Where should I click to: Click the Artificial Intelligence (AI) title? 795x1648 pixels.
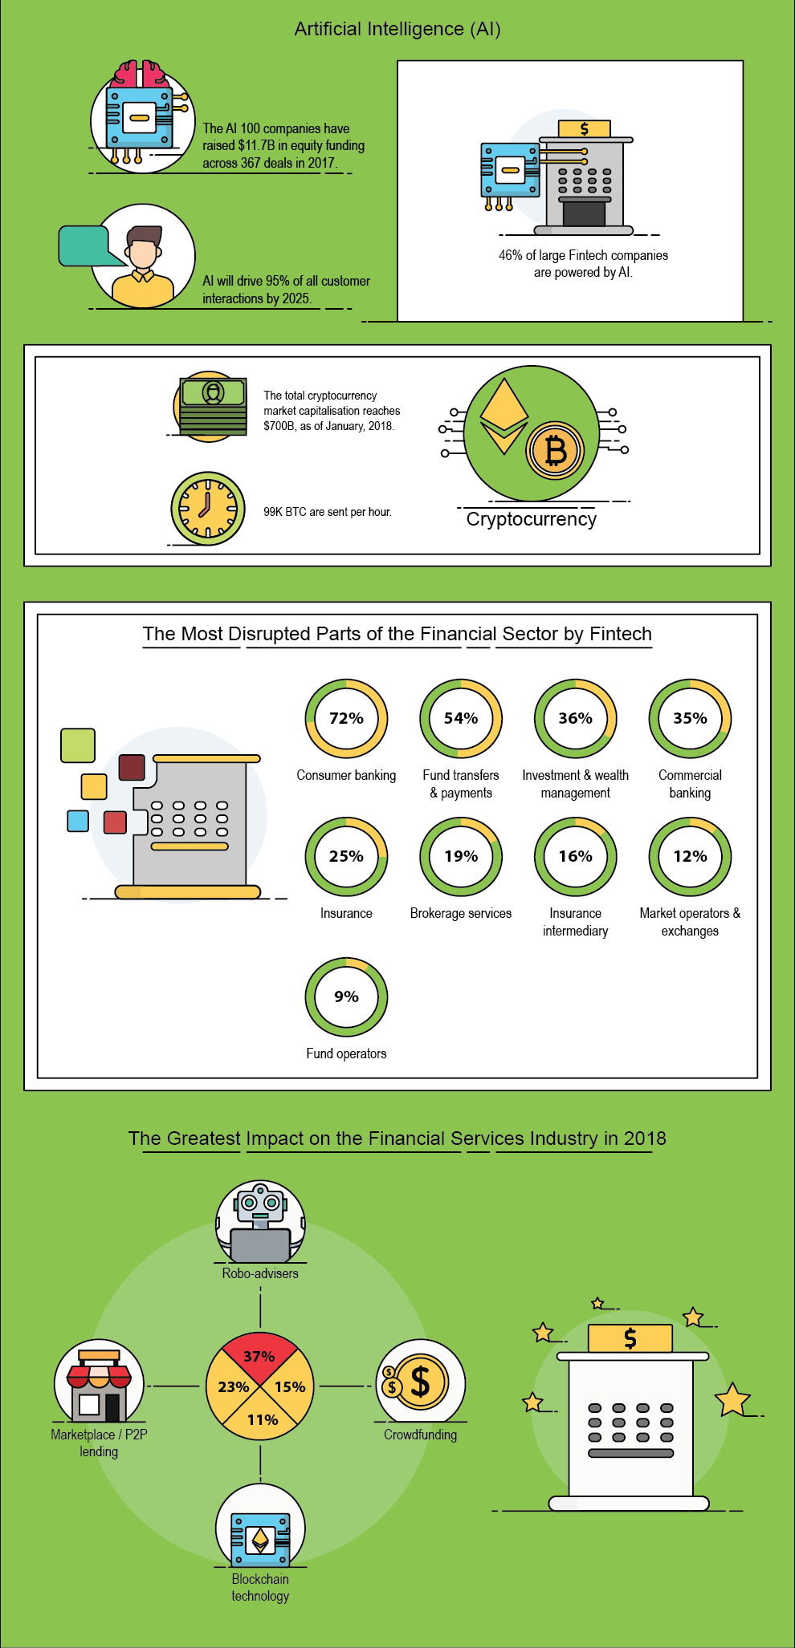397,29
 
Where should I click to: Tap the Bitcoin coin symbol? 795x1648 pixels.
555,450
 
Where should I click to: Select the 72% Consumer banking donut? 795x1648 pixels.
346,719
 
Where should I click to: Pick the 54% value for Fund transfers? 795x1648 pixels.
461,718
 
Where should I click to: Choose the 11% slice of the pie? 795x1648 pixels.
261,1419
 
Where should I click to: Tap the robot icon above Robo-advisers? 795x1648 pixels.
260,1222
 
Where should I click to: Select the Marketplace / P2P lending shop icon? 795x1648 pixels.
99,1382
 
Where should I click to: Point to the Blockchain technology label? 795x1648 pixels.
260,1588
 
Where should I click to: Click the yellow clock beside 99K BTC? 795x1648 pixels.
208,509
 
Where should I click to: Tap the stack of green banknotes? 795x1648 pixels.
213,406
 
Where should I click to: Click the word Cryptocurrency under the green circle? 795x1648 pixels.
532,519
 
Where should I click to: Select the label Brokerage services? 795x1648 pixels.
461,913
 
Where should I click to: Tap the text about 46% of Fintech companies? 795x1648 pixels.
584,264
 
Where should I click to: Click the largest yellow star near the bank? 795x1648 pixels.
732,1399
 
